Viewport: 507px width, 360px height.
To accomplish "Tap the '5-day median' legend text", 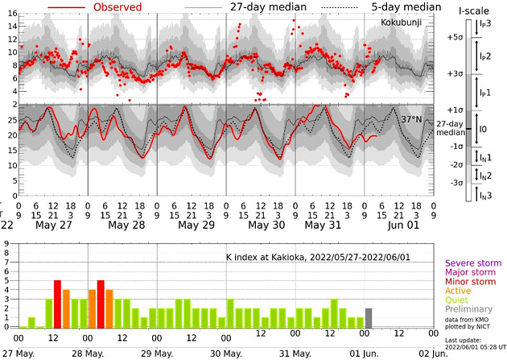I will pos(407,7).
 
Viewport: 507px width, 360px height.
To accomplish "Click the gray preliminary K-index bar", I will pos(369,319).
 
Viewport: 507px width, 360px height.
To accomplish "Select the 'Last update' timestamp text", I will pos(475,349).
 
